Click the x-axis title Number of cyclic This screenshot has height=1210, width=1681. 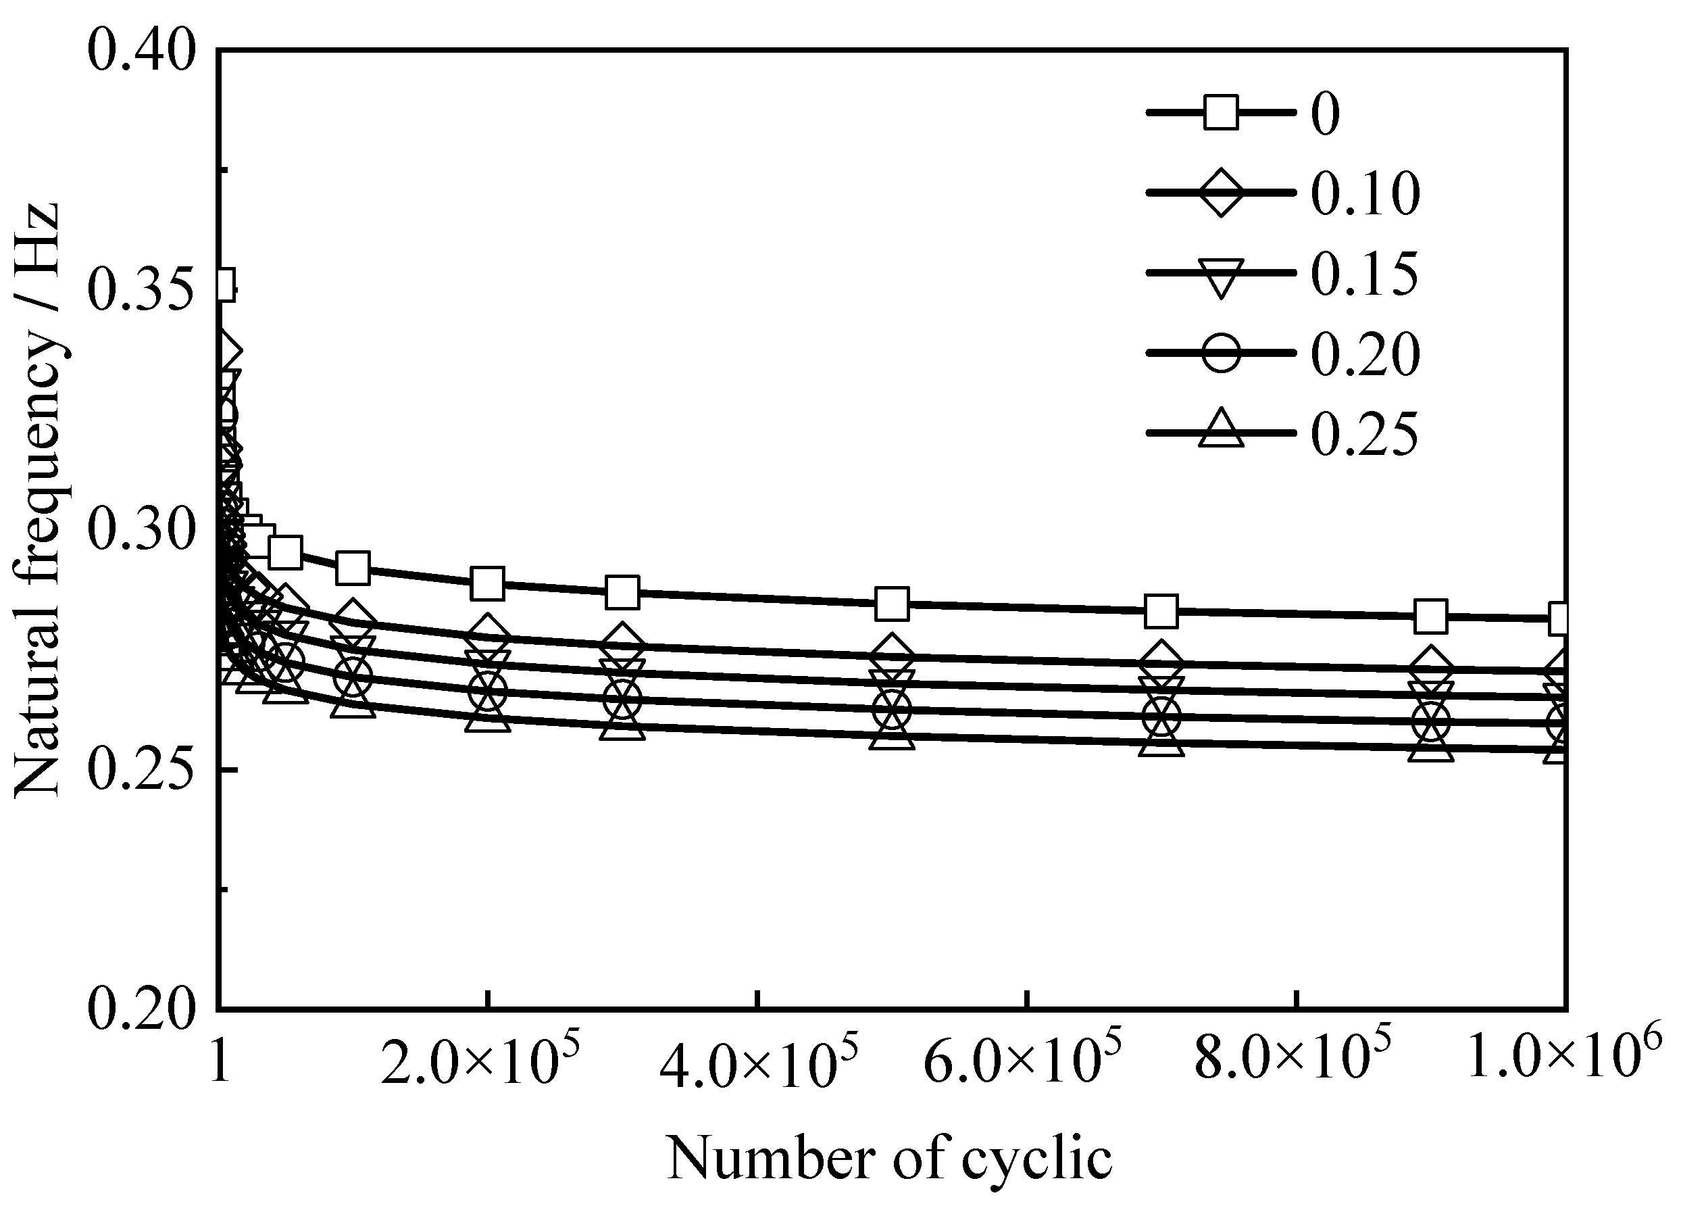(x=889, y=1158)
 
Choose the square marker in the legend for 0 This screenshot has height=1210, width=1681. (x=1220, y=113)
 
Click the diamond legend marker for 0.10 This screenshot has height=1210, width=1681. (x=1220, y=193)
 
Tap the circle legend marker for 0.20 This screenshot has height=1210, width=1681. (x=1220, y=353)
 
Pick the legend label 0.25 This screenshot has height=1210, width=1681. (x=1363, y=433)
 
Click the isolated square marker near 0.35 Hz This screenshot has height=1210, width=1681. (x=222, y=283)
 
